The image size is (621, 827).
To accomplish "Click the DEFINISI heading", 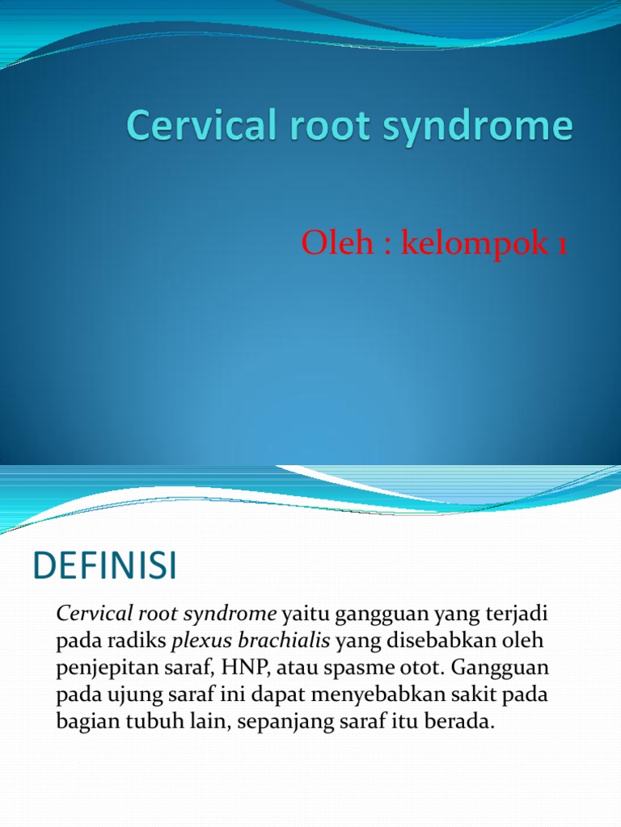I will (x=104, y=567).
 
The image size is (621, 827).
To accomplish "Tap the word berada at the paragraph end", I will (x=463, y=723).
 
